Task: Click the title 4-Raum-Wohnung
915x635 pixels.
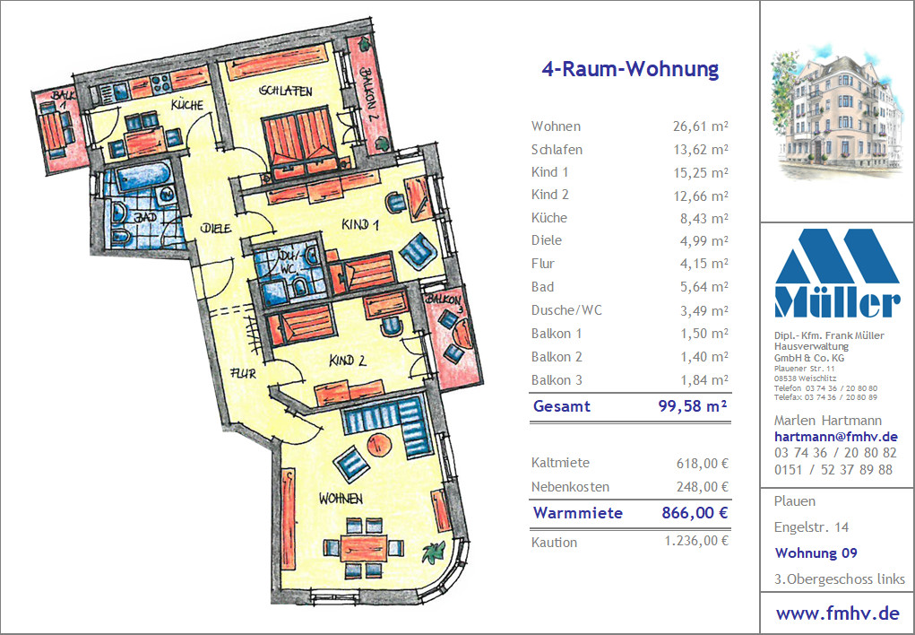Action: pyautogui.click(x=630, y=69)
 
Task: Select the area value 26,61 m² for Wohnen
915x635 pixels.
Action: pyautogui.click(x=701, y=126)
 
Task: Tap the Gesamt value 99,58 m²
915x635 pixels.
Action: pyautogui.click(x=693, y=406)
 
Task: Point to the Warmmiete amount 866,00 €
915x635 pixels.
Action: pyautogui.click(x=695, y=513)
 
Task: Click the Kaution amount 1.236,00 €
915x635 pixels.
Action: pyautogui.click(x=696, y=541)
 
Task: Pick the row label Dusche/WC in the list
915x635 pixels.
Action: pyautogui.click(x=566, y=310)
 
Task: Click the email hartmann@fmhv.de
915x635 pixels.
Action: pyautogui.click(x=835, y=437)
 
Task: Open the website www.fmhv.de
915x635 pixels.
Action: pyautogui.click(x=837, y=613)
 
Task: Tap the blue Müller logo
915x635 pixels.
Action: pyautogui.click(x=837, y=274)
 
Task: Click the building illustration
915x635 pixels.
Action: pyautogui.click(x=836, y=111)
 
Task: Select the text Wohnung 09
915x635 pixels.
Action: pyautogui.click(x=816, y=552)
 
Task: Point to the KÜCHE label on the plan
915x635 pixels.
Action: pyautogui.click(x=187, y=105)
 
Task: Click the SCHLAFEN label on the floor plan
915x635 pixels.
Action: pyautogui.click(x=286, y=91)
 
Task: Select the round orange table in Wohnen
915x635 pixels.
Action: pyautogui.click(x=379, y=444)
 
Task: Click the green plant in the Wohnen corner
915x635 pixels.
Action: pyautogui.click(x=433, y=552)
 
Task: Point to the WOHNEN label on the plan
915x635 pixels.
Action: pyautogui.click(x=341, y=499)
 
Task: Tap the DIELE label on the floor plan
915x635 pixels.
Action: pyautogui.click(x=216, y=228)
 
